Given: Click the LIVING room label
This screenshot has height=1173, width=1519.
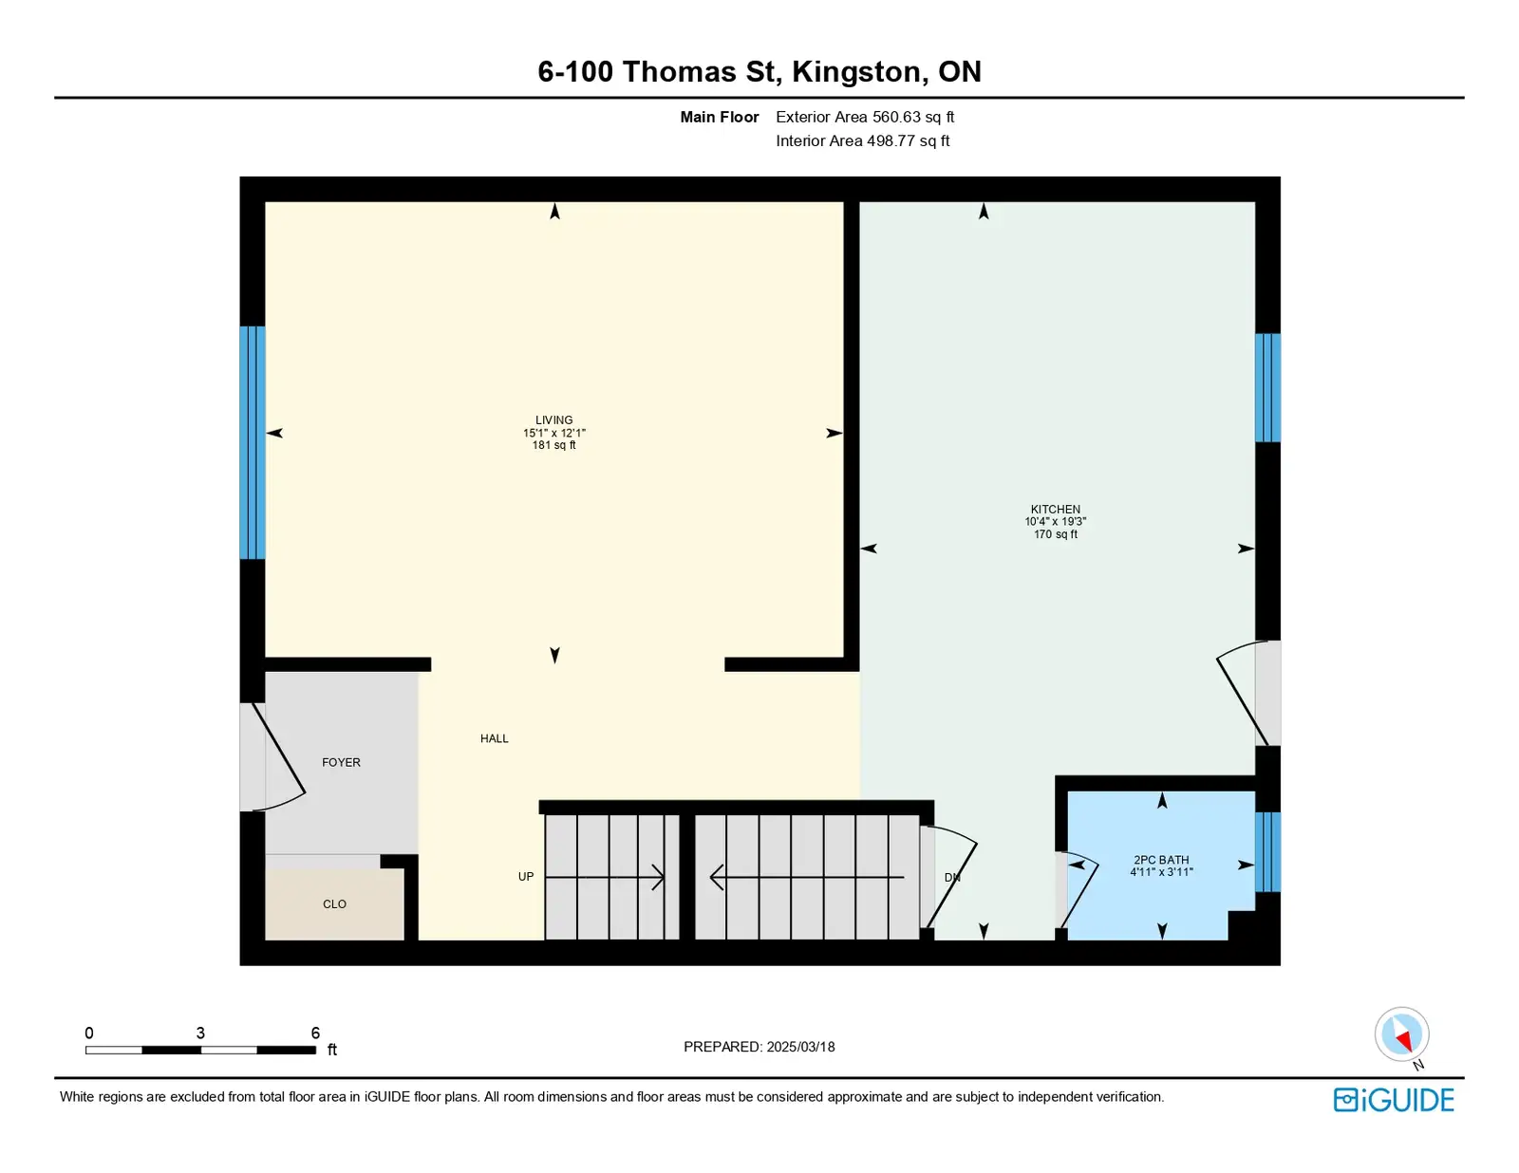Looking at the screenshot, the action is (553, 419).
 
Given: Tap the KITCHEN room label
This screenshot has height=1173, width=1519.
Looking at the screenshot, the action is (1055, 510).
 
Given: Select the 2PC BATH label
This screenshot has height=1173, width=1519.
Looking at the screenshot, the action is (1161, 860).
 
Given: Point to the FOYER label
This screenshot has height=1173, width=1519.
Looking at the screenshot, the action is (341, 762).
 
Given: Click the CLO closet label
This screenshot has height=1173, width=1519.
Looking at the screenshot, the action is (334, 904).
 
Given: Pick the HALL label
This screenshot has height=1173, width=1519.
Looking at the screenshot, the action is (495, 738).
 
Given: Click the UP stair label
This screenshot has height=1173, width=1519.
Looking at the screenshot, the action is (526, 876).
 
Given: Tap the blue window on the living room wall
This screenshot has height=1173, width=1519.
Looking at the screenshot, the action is (253, 442).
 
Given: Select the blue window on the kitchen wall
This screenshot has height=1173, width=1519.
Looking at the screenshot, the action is (1267, 388).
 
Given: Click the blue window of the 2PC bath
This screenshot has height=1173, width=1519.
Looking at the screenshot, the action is (1267, 851).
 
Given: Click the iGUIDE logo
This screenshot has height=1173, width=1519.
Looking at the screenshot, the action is (1393, 1100).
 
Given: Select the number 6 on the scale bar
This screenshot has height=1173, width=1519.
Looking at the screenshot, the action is (315, 1033).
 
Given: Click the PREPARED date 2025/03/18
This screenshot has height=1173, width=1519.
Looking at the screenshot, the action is (800, 1047).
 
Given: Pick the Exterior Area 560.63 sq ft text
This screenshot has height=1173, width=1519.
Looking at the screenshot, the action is (865, 117).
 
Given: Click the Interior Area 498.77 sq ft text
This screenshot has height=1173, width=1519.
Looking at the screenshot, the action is (863, 140).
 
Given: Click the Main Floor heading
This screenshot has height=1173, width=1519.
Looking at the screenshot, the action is (720, 117).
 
